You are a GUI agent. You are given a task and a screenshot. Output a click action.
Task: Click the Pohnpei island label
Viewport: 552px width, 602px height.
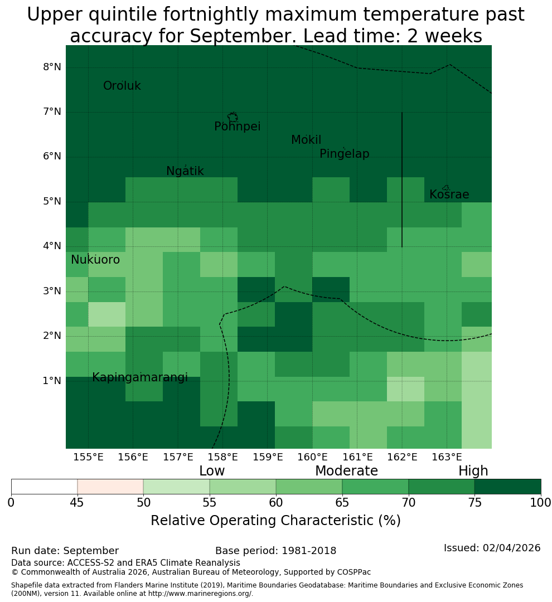click(x=237, y=127)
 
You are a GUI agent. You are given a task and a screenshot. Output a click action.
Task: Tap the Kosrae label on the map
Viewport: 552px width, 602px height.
click(x=449, y=195)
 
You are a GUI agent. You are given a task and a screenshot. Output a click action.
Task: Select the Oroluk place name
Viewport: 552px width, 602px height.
click(x=122, y=86)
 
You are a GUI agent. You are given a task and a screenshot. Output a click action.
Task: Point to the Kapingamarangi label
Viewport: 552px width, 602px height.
click(x=140, y=378)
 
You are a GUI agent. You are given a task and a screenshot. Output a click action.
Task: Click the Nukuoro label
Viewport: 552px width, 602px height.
click(x=95, y=260)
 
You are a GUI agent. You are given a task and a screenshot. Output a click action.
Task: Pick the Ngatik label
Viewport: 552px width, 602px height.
click(x=185, y=171)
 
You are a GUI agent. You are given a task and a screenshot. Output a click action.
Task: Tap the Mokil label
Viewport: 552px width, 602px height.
click(x=306, y=140)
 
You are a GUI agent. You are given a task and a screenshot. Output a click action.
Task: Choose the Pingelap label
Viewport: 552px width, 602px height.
click(x=344, y=154)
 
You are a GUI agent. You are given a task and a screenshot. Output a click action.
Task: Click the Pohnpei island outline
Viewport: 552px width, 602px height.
click(x=233, y=117)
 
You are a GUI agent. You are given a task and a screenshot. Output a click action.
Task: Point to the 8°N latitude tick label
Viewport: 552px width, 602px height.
click(x=52, y=67)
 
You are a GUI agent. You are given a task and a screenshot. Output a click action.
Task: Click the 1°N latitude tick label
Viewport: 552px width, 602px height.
click(x=52, y=381)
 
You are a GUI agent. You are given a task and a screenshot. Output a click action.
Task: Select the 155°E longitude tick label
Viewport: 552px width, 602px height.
click(x=88, y=457)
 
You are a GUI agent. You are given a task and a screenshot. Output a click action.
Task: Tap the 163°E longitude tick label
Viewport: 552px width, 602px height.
click(x=447, y=457)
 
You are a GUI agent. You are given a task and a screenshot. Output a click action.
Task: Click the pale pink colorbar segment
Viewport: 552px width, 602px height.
click(x=110, y=487)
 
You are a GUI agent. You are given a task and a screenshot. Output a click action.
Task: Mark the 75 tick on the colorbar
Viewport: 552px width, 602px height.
click(x=475, y=502)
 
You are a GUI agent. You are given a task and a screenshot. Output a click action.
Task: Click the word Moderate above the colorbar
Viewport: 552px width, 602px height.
click(x=346, y=470)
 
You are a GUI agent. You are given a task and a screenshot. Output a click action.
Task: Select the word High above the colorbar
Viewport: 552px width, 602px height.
click(x=473, y=471)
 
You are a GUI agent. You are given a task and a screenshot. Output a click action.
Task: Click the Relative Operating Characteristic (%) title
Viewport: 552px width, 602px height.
click(x=275, y=521)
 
